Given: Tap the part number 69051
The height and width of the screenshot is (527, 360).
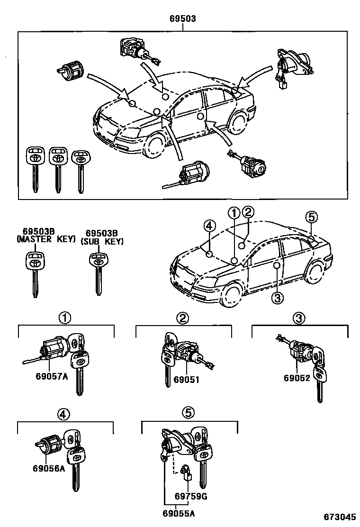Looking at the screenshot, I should (186, 379).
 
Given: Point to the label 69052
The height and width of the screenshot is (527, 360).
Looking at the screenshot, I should (297, 378).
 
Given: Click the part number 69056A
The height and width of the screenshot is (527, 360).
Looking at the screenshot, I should (49, 469).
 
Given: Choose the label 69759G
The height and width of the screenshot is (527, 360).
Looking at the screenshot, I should (190, 497).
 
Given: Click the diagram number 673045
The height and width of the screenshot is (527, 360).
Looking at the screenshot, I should (340, 517).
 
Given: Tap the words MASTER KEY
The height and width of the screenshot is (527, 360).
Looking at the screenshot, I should (46, 240).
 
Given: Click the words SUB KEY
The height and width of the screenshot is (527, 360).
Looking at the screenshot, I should (102, 241).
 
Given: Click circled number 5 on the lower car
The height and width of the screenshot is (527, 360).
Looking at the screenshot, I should (311, 218).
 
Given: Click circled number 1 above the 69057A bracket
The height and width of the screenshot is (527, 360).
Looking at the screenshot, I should (65, 318).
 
